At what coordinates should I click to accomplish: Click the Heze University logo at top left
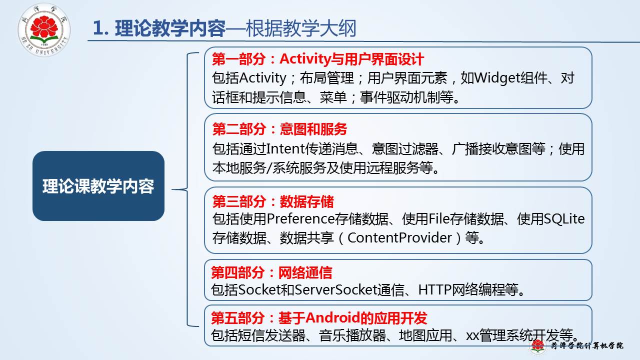pos(44,29)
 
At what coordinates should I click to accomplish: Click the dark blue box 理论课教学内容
pos(98,186)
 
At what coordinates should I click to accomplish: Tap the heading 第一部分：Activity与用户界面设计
pos(317,59)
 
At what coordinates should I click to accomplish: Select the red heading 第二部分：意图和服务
pos(279,129)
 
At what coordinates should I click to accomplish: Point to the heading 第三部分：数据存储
pos(273,201)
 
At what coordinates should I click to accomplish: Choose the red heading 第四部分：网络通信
pos(271,272)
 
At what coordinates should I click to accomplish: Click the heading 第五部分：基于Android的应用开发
pos(319,317)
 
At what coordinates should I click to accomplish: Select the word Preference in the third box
pos(300,219)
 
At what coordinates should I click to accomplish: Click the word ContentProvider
pos(399,237)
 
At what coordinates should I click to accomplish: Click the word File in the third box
pos(439,219)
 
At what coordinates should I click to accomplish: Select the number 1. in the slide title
pos(101,28)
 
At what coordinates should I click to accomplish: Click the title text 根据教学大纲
pos(301,28)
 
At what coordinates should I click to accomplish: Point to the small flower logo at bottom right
pos(537,345)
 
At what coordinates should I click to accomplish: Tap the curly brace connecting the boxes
pos(186,189)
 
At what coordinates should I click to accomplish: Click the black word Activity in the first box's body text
pos(262,78)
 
